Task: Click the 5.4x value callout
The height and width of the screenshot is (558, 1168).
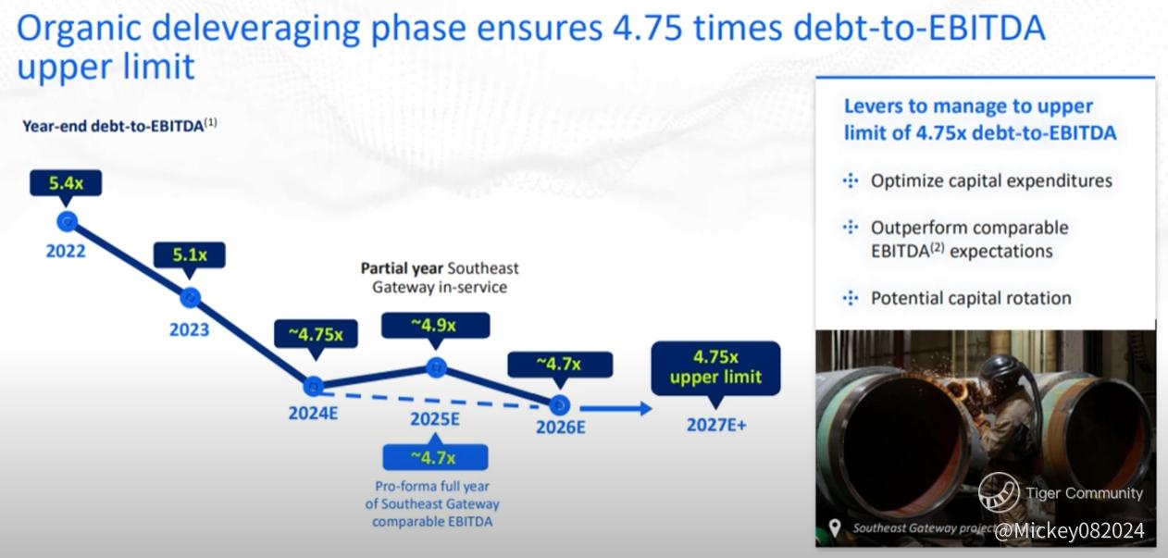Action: [x=66, y=183]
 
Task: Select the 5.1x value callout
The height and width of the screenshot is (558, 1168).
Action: [x=190, y=255]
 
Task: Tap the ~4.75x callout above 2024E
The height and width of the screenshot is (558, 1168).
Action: [x=316, y=334]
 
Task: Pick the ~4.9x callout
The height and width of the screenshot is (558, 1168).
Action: [x=435, y=326]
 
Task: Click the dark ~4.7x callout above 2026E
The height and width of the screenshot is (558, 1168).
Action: [x=560, y=364]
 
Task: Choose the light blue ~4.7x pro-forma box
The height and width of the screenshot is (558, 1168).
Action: [x=435, y=457]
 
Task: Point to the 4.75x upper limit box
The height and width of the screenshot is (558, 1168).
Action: [x=716, y=367]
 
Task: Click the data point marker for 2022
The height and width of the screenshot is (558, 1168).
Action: [x=68, y=222]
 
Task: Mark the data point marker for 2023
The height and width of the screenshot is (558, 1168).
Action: [x=191, y=298]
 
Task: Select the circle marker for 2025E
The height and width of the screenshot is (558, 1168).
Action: [x=437, y=367]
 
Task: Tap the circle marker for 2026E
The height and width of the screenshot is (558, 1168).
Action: [x=560, y=404]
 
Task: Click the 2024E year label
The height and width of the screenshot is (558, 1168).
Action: [x=314, y=414]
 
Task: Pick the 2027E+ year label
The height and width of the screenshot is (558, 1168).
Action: [x=716, y=425]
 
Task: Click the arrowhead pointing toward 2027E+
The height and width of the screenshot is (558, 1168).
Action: [x=646, y=408]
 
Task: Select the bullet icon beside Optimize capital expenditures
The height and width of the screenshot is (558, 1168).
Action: [x=851, y=181]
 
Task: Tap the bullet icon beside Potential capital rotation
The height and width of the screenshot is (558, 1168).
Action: [x=851, y=298]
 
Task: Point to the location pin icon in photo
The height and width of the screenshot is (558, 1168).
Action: [x=835, y=527]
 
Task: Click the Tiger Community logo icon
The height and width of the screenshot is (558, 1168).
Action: [x=999, y=493]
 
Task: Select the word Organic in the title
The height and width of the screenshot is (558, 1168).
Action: [x=79, y=30]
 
